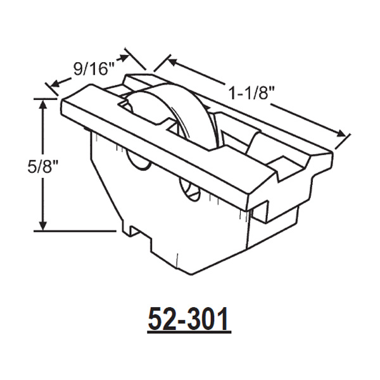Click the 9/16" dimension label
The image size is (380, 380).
click(91, 68)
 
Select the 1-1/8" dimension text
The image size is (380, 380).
click(251, 92)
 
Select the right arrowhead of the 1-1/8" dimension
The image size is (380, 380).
click(345, 134)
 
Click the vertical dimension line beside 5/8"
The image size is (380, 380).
click(44, 190)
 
